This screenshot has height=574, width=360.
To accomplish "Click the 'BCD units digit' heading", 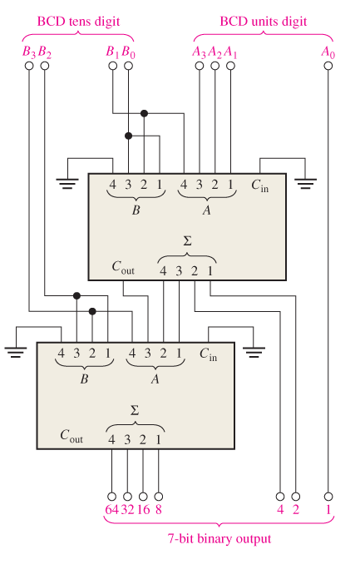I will click(x=263, y=20).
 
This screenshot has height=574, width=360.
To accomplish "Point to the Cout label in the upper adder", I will click(x=125, y=267).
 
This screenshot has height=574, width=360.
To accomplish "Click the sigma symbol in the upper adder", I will click(x=186, y=240).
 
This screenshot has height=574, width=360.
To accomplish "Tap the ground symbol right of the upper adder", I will click(x=306, y=181).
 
